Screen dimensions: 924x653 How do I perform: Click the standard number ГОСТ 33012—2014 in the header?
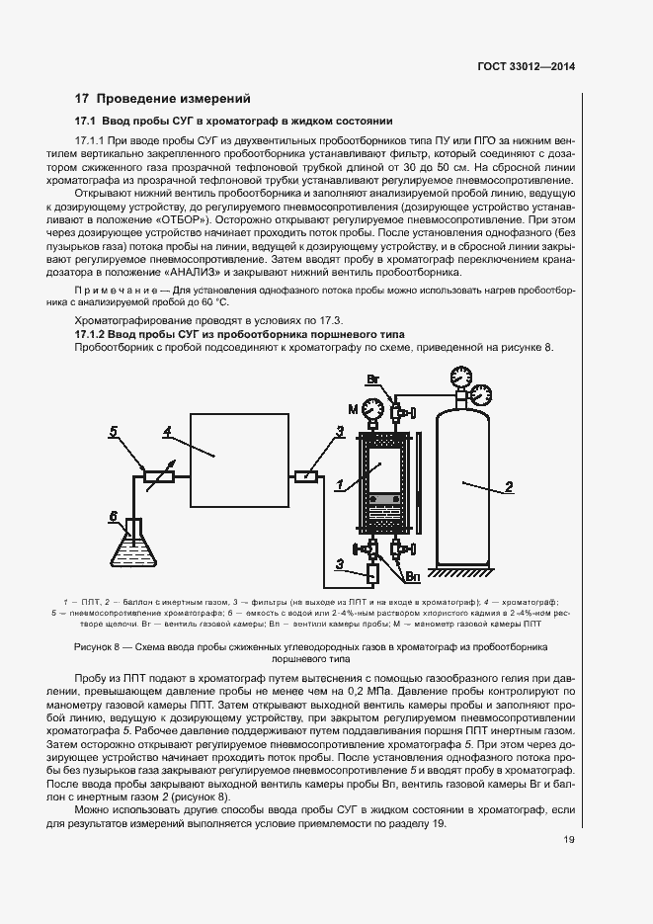[526, 67]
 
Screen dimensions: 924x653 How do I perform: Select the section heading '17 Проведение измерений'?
[163, 99]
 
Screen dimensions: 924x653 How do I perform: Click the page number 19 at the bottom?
[569, 840]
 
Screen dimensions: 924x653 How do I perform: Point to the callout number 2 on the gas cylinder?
[508, 485]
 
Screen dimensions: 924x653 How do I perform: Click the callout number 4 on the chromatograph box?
[168, 431]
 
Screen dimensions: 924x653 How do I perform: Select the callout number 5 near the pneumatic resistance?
[114, 432]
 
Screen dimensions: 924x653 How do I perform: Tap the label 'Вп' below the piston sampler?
[414, 573]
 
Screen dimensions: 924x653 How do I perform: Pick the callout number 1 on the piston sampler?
[338, 484]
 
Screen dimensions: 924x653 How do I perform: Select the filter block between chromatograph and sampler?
[307, 476]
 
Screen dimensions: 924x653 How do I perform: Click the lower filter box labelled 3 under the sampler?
[344, 571]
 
